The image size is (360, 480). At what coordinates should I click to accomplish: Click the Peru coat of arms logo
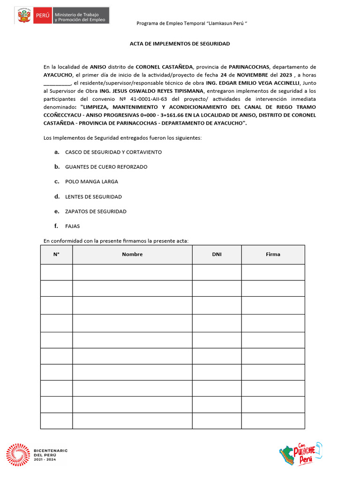[x=23, y=15]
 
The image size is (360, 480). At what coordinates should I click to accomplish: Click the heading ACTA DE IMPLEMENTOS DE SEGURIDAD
[x=180, y=44]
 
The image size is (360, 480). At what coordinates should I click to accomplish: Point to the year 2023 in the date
[x=283, y=75]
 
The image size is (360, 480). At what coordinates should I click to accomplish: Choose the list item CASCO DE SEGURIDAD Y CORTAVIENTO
[x=113, y=152]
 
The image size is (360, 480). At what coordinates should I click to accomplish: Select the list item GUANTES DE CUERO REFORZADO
[x=106, y=167]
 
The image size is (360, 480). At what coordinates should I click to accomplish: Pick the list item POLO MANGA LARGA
[x=91, y=181]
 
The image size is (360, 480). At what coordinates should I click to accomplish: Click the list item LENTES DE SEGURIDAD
[x=93, y=196]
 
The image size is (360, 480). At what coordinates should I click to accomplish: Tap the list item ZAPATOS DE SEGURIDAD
[x=96, y=211]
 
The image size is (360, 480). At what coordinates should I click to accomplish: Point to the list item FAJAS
[x=73, y=226]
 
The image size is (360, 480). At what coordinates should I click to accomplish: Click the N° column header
[x=56, y=255]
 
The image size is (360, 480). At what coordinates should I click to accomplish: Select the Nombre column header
[x=132, y=255]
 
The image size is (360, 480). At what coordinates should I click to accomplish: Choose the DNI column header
[x=217, y=255]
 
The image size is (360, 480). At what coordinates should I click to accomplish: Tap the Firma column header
[x=273, y=255]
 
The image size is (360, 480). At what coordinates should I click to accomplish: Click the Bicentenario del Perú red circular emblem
[x=18, y=455]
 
